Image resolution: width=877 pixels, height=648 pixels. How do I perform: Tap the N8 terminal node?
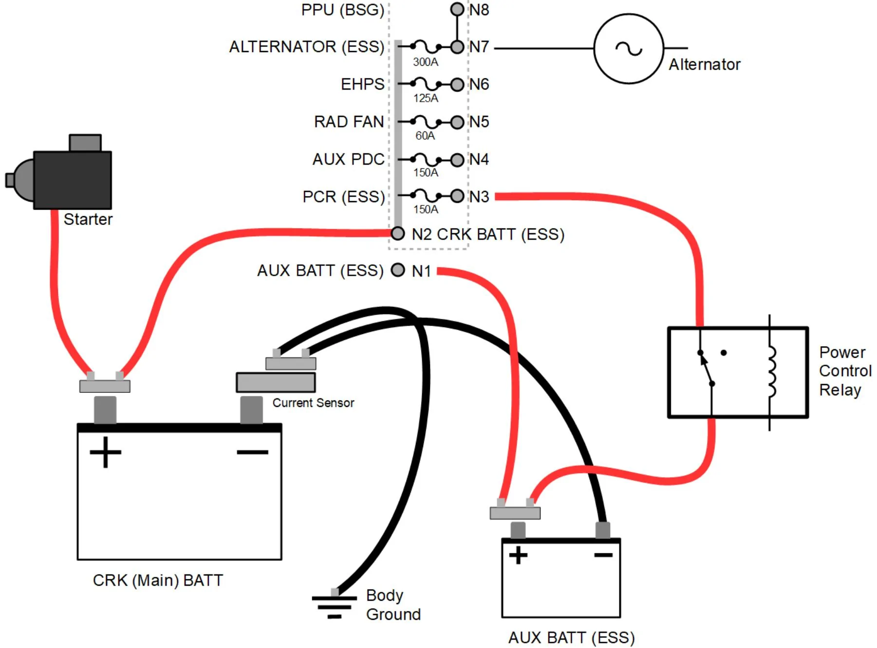pos(457,9)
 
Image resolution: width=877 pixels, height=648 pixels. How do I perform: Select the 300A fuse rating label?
pos(426,62)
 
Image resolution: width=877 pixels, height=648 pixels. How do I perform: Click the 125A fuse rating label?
pos(426,98)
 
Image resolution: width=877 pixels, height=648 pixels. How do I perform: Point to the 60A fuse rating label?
pos(425,135)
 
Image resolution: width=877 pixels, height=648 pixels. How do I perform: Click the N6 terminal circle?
pos(457,85)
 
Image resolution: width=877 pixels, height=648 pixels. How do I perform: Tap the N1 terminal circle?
pos(398,270)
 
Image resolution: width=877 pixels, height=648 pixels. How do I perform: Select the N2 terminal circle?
pos(398,234)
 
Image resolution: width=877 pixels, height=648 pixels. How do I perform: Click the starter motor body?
pos(73,180)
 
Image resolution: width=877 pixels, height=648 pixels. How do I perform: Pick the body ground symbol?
pos(335,607)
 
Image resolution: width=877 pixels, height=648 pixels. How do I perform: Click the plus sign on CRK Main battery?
pos(105,452)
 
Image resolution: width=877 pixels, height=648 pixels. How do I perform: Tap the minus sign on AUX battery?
pos(603,555)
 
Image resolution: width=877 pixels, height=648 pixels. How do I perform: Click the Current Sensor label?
pos(313,403)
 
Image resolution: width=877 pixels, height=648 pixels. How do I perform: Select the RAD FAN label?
pos(349,121)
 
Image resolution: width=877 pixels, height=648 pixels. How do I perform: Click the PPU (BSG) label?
pos(343,10)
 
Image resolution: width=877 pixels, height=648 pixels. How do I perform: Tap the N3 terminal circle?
pos(457,196)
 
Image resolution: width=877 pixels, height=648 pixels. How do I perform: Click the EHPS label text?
pos(362,84)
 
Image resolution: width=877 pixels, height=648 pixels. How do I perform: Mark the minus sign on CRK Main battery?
pos(252,452)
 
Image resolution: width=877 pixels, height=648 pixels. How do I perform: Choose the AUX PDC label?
pos(348,159)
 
